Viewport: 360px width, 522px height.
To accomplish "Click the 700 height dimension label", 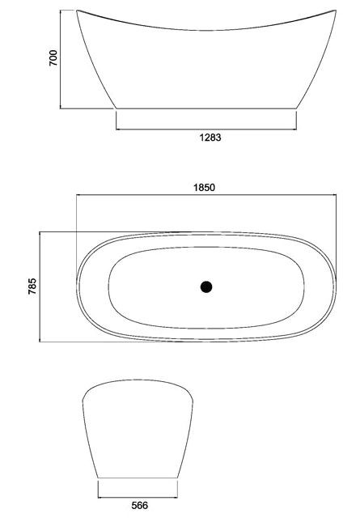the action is click(53, 58).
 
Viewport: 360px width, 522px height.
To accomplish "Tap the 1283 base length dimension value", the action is click(210, 137).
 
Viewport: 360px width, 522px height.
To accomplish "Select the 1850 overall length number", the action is click(205, 188).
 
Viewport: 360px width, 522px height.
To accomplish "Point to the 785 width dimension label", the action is click(32, 286).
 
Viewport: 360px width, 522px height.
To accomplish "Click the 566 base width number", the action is click(139, 505).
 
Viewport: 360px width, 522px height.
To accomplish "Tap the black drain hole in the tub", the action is click(206, 286).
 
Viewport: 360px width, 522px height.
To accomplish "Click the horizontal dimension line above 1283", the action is click(206, 129).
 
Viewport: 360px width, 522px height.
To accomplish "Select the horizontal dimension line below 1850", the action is click(206, 195).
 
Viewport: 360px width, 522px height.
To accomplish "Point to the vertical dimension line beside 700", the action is click(61, 59).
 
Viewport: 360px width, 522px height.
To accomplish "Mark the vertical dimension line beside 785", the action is click(40, 286).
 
